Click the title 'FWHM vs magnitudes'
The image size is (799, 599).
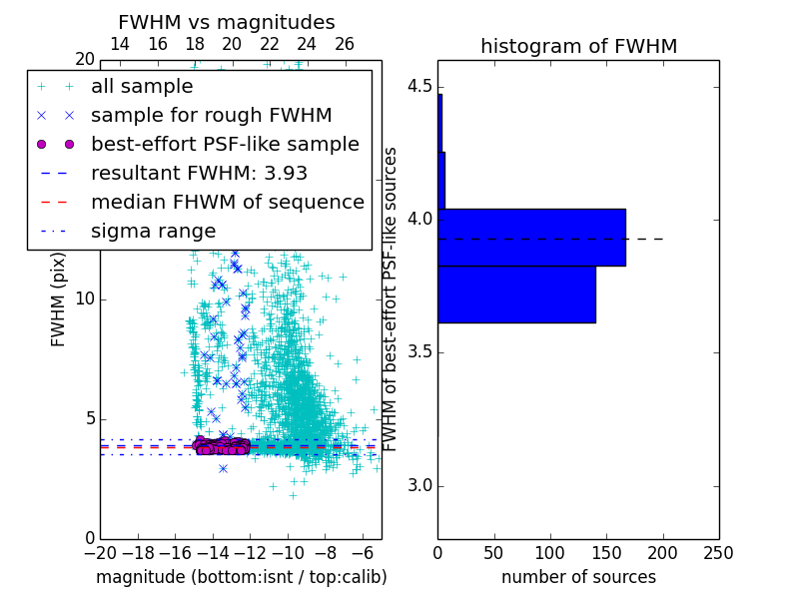click(x=227, y=22)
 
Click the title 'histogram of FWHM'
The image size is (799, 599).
click(x=578, y=46)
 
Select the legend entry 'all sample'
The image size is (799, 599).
click(x=142, y=86)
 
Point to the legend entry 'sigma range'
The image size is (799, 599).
click(x=153, y=231)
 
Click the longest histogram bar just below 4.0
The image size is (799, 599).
click(x=531, y=238)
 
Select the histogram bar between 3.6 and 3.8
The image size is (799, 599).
click(x=516, y=295)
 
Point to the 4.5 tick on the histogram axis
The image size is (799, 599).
click(x=418, y=86)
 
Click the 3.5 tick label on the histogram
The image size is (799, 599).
click(x=418, y=352)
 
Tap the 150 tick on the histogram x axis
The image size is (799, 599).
click(x=606, y=551)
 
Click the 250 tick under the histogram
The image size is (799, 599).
click(x=718, y=551)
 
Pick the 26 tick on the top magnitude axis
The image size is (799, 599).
click(x=345, y=44)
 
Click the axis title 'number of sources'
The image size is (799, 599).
click(x=578, y=577)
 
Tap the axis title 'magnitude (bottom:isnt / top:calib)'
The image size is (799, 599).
click(x=241, y=577)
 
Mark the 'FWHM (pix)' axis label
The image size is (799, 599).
click(x=59, y=299)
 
